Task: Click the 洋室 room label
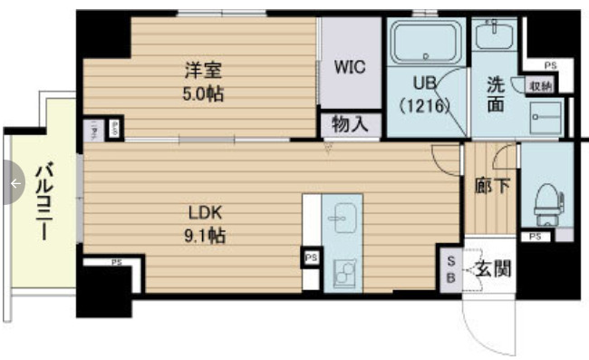coord(201,70)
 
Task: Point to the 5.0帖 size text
coord(201,92)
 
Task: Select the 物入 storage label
coord(350,123)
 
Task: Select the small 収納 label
coord(541,86)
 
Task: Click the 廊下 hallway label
coord(491,187)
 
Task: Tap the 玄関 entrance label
coord(492,268)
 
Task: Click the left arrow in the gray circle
coord(14,183)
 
